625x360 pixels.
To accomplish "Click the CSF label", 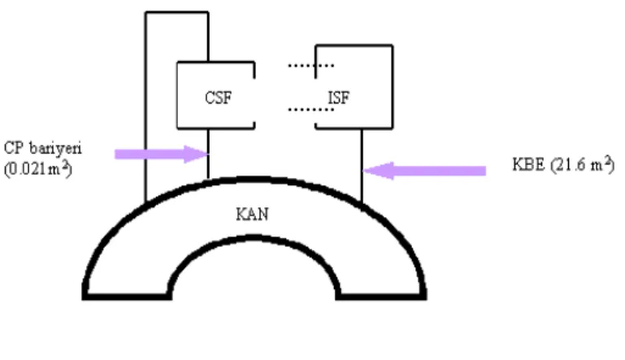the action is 218,98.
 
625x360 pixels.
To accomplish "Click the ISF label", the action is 338,98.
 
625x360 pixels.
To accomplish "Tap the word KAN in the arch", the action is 252,215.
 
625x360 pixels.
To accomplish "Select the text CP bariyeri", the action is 42,148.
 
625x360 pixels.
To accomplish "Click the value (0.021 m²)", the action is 38,169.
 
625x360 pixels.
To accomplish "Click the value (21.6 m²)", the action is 583,164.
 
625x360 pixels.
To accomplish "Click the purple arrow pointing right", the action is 162,154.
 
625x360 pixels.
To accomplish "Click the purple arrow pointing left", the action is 424,171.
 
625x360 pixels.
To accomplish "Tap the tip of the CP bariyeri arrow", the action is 208,154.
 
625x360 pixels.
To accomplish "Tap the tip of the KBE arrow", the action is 363,171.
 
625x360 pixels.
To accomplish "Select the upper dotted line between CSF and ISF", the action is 311,65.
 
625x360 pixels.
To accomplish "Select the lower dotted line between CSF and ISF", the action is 311,109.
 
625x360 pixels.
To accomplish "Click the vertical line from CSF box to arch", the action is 208,154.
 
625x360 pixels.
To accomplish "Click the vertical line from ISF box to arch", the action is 362,166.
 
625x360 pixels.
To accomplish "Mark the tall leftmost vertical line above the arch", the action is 145,106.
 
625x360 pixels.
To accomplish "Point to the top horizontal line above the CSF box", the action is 177,13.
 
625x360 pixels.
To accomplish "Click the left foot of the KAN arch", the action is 127,297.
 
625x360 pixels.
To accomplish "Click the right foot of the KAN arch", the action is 381,297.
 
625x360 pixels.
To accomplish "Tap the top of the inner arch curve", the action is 254,238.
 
